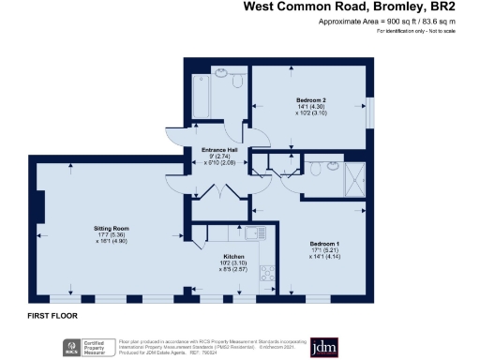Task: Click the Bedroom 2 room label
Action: click(x=311, y=99)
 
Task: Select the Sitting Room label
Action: click(x=111, y=228)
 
